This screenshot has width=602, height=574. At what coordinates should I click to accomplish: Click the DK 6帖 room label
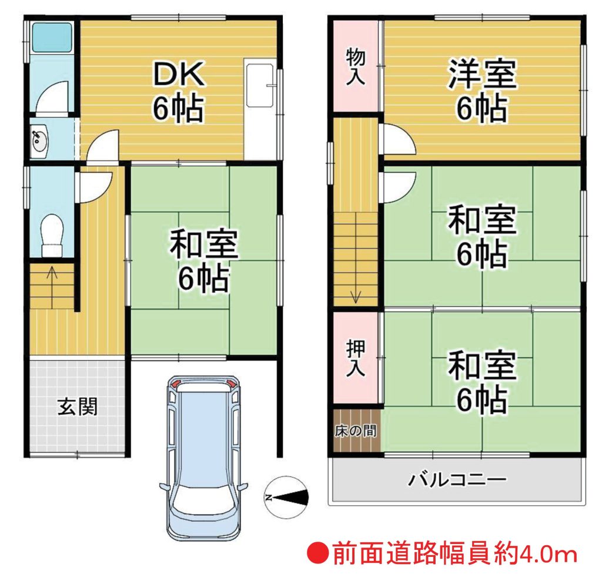(x=179, y=92)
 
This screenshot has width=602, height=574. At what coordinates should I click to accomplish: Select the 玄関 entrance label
(x=78, y=407)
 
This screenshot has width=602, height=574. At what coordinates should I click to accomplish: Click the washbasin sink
(x=39, y=141)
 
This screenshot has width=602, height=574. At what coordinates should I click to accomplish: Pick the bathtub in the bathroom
(x=52, y=37)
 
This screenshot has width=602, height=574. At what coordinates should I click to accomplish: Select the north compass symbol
(x=286, y=497)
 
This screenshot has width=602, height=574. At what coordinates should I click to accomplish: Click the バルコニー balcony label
(x=457, y=479)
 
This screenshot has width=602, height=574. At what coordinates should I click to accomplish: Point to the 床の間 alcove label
(x=356, y=431)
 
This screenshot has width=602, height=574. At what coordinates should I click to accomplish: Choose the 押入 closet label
(x=356, y=358)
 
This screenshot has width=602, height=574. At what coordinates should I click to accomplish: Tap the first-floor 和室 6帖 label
(x=204, y=261)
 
